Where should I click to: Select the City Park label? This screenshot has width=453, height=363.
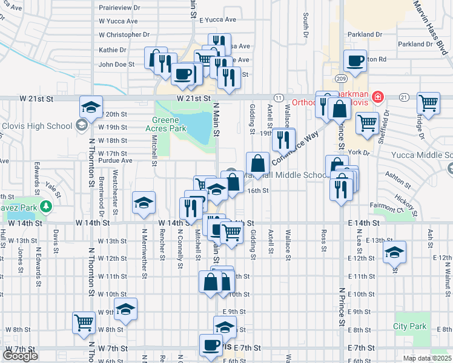[410, 326]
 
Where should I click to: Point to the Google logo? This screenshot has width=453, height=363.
[20, 356]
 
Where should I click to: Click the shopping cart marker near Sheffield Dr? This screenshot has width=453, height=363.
[367, 123]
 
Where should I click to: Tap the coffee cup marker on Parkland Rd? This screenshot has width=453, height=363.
[355, 60]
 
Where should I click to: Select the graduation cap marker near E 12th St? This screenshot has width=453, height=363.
[394, 252]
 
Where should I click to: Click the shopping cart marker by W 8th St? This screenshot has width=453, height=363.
[84, 322]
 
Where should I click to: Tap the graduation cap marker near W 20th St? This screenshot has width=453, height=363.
[91, 108]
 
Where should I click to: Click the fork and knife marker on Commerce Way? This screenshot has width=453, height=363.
[283, 140]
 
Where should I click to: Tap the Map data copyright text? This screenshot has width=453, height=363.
[426, 358]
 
